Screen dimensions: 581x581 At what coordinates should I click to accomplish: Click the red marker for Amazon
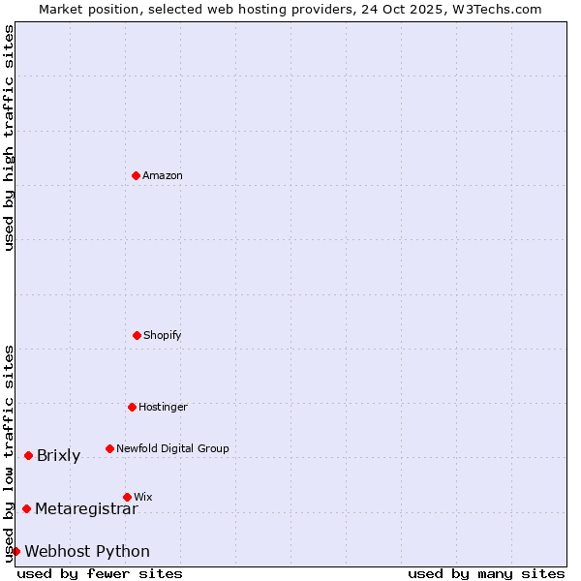[x=137, y=175]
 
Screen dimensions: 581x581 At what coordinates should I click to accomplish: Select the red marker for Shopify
[x=137, y=335]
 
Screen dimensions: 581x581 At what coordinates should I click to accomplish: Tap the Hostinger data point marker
[x=132, y=407]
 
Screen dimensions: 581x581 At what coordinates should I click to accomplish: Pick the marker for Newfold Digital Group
[x=109, y=448]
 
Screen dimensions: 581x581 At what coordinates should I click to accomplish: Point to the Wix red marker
[x=127, y=497]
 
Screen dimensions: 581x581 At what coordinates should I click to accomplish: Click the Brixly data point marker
[x=28, y=455]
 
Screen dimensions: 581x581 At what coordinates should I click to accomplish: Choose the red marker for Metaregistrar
[x=26, y=508]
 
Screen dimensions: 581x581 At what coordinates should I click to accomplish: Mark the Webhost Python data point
[x=15, y=551]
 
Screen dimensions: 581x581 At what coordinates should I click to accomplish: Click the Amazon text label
[x=163, y=175]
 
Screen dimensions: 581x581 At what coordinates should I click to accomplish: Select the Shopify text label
[x=163, y=335]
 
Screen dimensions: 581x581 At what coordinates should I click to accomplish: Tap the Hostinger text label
[x=163, y=407]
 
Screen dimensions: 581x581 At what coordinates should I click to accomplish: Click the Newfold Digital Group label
[x=172, y=448]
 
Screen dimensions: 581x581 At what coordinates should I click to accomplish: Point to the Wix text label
[x=143, y=497]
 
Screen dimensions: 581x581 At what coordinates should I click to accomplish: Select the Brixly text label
[x=58, y=456]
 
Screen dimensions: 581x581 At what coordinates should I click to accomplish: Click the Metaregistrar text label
[x=86, y=508]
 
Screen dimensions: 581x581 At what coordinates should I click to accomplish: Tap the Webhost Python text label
[x=87, y=552]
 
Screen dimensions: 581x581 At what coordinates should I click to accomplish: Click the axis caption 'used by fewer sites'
[x=100, y=573]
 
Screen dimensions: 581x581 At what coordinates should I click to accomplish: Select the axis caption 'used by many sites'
[x=486, y=573]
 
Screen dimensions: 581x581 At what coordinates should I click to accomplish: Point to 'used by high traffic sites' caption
[x=9, y=138]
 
